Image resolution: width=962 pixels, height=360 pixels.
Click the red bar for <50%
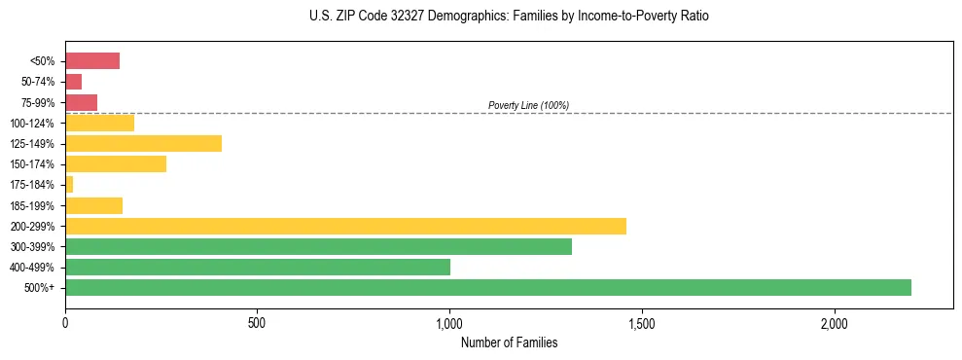pyautogui.click(x=92, y=60)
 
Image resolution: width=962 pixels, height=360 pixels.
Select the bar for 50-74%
pyautogui.click(x=73, y=82)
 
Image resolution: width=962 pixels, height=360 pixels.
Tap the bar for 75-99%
pyautogui.click(x=81, y=102)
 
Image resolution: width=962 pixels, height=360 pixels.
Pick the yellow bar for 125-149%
pyautogui.click(x=143, y=143)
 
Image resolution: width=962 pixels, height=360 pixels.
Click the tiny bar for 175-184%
pyautogui.click(x=69, y=184)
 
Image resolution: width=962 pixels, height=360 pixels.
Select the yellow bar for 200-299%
pyautogui.click(x=345, y=226)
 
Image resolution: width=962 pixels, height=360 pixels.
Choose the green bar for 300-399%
pyautogui.click(x=318, y=246)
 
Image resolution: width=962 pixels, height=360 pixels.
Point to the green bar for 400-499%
pyautogui.click(x=258, y=267)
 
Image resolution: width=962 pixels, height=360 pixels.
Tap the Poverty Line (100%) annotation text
pyautogui.click(x=528, y=105)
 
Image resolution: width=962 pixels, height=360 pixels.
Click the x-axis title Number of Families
pyautogui.click(x=509, y=342)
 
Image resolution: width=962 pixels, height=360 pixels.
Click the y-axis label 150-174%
pyautogui.click(x=32, y=164)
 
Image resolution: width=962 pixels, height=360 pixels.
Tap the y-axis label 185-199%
pyautogui.click(x=32, y=205)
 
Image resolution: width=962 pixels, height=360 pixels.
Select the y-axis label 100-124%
pyautogui.click(x=32, y=123)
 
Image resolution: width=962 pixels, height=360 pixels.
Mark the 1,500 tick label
pyautogui.click(x=642, y=322)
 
